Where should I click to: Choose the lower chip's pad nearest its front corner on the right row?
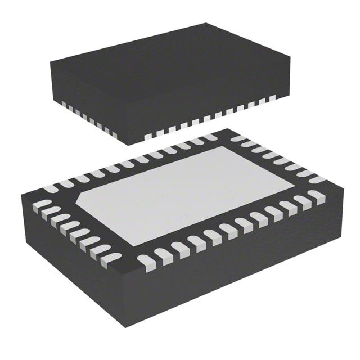[x=147, y=260]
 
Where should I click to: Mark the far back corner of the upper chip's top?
[x=206, y=24]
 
